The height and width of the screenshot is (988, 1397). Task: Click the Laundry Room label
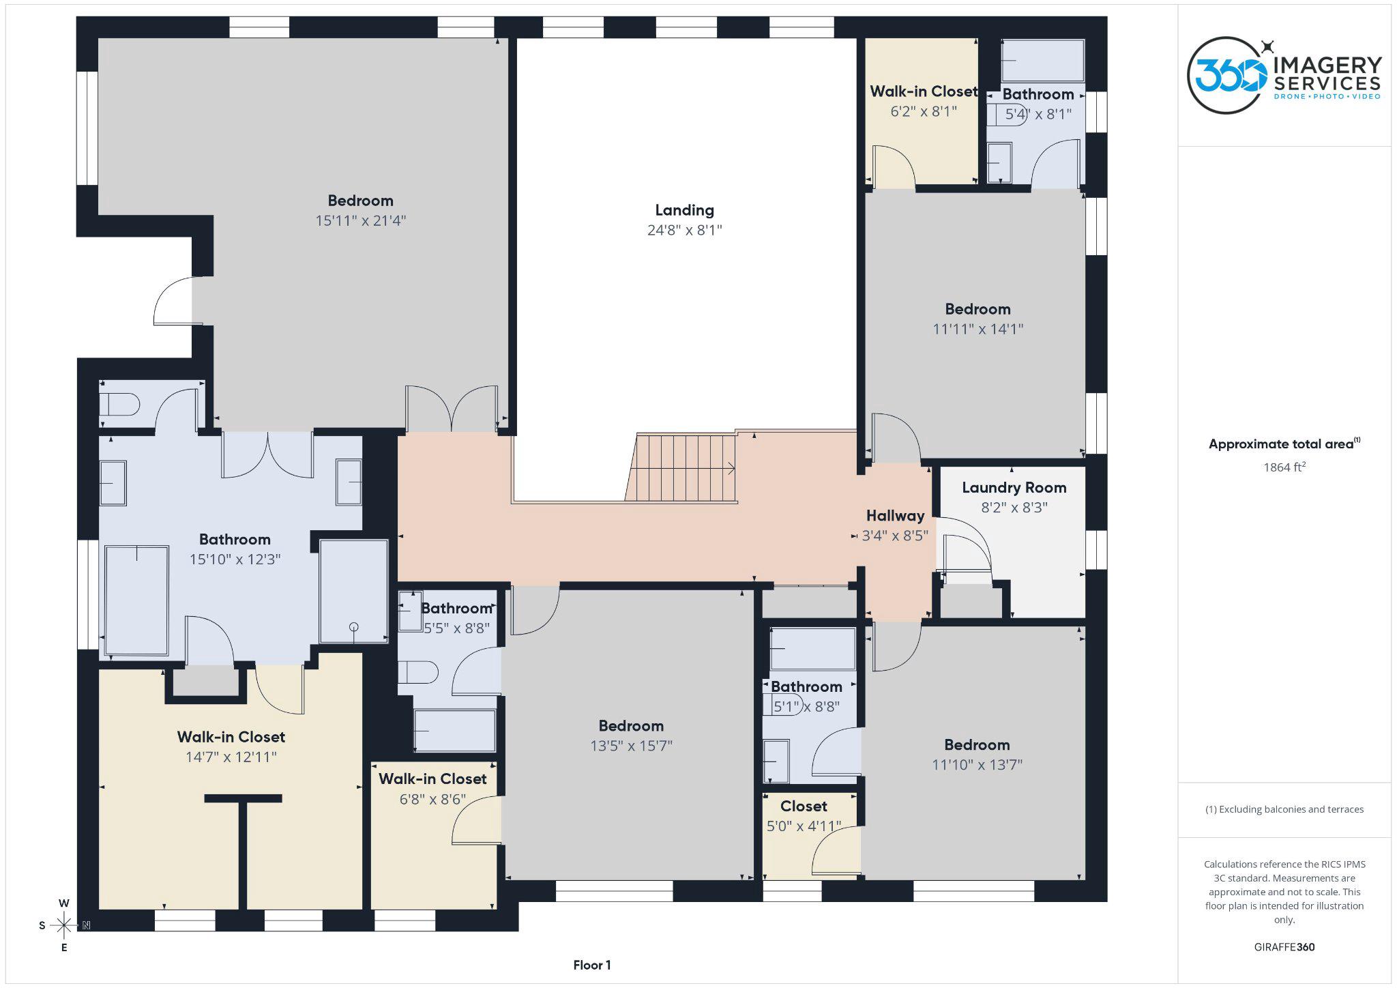tap(1014, 488)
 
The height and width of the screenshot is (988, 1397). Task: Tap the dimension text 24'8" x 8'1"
tap(684, 230)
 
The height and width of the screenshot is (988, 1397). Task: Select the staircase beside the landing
tap(682, 468)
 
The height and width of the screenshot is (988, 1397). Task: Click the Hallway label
tap(895, 516)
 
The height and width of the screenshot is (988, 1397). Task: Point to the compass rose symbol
tap(64, 925)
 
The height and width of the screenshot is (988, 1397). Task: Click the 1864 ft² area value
tap(1284, 467)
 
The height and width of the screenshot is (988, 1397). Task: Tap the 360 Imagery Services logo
tap(1284, 75)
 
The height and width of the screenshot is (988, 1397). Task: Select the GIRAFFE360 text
tap(1284, 947)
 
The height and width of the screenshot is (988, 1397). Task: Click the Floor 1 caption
tap(591, 965)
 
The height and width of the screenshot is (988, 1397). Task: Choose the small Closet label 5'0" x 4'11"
tap(804, 807)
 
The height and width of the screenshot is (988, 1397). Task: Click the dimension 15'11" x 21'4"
tap(360, 220)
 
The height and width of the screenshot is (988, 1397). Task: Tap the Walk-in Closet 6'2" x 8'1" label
tap(923, 91)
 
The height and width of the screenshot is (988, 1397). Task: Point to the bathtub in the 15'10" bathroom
tap(137, 600)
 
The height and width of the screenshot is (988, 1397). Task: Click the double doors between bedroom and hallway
tap(451, 409)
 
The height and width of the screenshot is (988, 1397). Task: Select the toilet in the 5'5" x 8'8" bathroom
tap(417, 672)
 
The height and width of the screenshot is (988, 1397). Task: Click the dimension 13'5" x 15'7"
tap(631, 746)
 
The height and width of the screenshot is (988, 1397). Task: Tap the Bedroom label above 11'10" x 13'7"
tap(977, 745)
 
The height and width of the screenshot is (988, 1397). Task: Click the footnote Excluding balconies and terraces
tap(1284, 809)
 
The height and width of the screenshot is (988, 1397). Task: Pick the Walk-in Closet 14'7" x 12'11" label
tap(231, 737)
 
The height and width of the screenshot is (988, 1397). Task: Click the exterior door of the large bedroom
tap(174, 301)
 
